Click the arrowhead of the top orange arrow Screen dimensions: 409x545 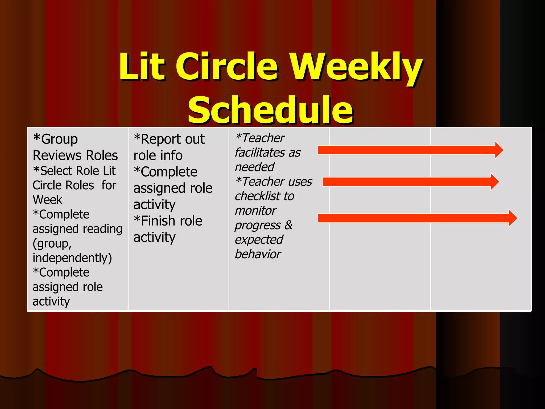[499, 150]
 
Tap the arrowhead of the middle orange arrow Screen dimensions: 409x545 [494, 182]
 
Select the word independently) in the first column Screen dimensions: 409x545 [72, 258]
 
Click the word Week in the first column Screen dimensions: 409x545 [47, 200]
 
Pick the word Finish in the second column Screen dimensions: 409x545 [158, 221]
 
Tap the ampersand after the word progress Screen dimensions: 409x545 [288, 225]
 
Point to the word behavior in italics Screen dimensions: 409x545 [258, 254]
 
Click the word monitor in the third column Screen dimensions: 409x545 [255, 211]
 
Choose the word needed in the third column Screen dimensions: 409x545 [254, 167]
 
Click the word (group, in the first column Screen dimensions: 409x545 [52, 244]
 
